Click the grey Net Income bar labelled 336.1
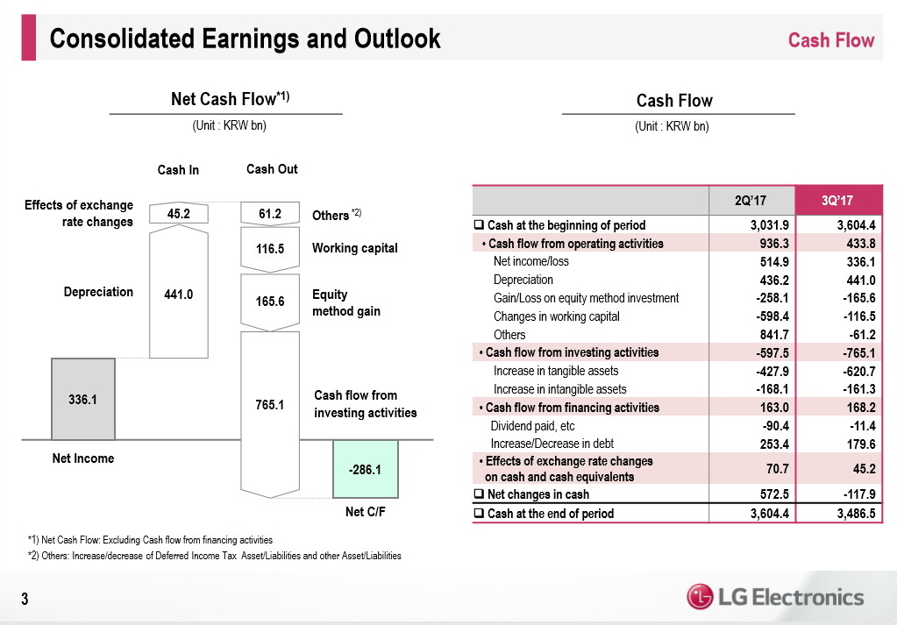click(83, 399)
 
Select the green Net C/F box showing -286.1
click(366, 469)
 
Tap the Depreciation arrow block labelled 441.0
click(179, 292)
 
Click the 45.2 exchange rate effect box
click(179, 213)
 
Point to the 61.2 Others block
click(270, 213)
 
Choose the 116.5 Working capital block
click(270, 249)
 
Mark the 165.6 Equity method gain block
click(270, 302)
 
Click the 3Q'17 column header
click(838, 200)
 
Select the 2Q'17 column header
click(751, 200)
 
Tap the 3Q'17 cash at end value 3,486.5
click(856, 514)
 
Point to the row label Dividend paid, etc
click(532, 426)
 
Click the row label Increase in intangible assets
click(559, 389)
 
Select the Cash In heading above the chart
click(178, 170)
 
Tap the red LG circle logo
click(700, 597)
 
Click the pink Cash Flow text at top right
click(831, 40)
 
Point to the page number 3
click(25, 599)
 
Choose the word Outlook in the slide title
click(397, 39)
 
